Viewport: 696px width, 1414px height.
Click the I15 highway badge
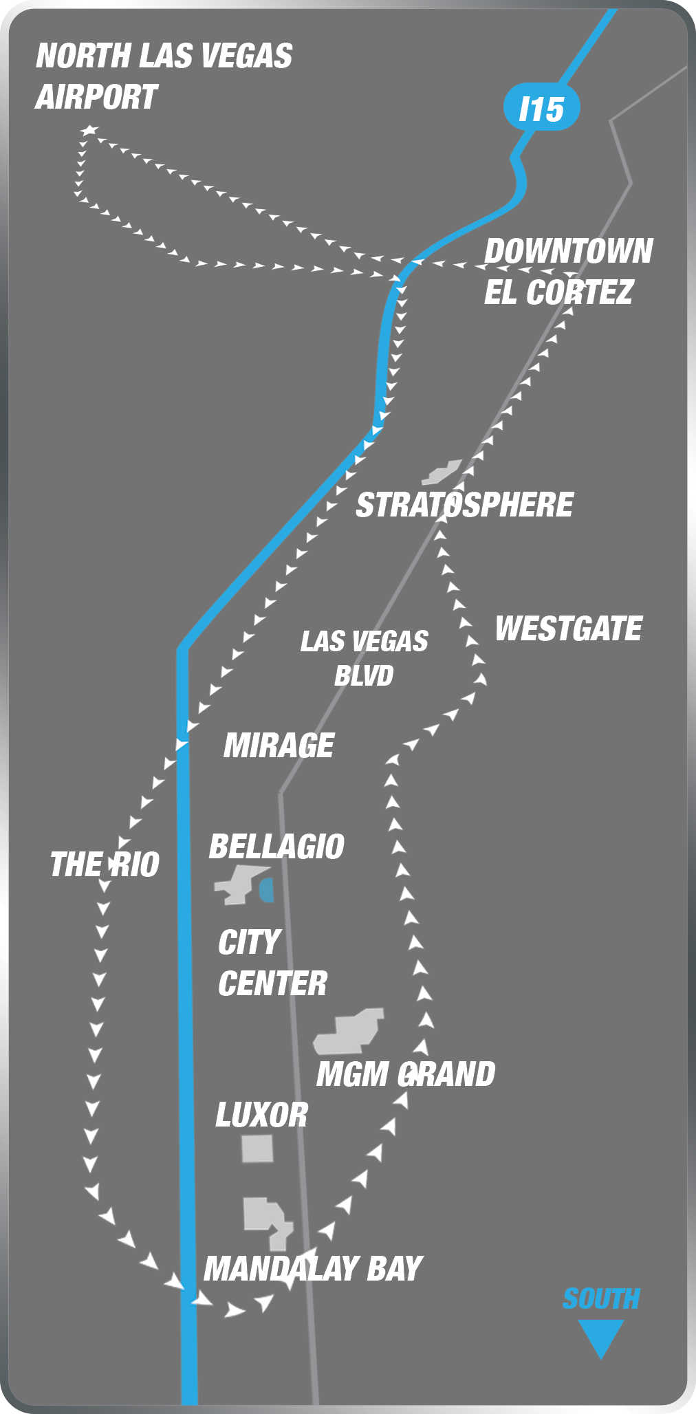click(x=541, y=109)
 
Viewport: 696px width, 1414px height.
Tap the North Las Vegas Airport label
click(x=164, y=76)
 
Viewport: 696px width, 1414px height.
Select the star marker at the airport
click(x=89, y=130)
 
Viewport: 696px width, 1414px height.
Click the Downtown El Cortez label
click(x=567, y=272)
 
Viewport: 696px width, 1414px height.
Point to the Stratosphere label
click(x=464, y=505)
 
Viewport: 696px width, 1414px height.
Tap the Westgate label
click(x=569, y=629)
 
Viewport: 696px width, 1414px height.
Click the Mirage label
click(x=279, y=746)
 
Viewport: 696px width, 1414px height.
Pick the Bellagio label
click(x=276, y=847)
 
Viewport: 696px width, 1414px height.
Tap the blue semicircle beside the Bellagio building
click(x=267, y=889)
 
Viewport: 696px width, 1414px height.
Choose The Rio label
click(x=105, y=864)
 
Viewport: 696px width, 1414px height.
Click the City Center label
click(x=272, y=963)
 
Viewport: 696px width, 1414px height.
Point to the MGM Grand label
click(x=406, y=1074)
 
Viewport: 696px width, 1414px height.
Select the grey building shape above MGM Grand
click(x=349, y=1032)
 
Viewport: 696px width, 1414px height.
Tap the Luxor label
click(x=261, y=1115)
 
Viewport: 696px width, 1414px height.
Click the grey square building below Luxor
click(x=257, y=1149)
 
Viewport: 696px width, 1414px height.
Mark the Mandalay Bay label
click(x=313, y=1269)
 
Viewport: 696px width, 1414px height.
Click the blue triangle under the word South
click(x=600, y=1337)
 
